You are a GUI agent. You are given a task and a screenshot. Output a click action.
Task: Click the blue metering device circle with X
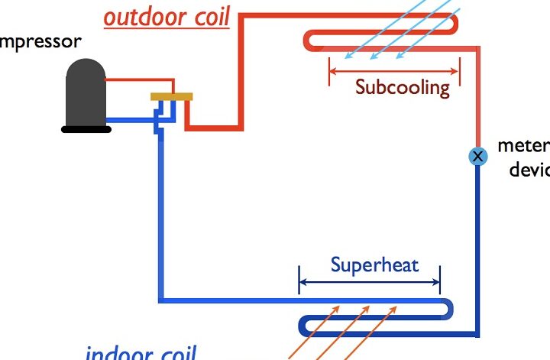477,157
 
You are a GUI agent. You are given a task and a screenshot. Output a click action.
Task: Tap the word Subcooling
403,86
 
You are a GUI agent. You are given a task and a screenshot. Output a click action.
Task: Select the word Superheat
364,265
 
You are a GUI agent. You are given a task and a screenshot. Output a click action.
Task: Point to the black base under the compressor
86,129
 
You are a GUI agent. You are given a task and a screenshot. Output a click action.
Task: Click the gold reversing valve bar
171,96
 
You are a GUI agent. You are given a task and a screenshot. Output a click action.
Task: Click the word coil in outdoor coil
208,17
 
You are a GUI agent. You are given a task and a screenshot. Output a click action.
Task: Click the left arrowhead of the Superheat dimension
302,283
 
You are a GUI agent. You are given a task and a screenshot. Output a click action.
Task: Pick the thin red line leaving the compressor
130,79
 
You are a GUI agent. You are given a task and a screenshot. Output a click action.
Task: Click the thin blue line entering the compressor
130,119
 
